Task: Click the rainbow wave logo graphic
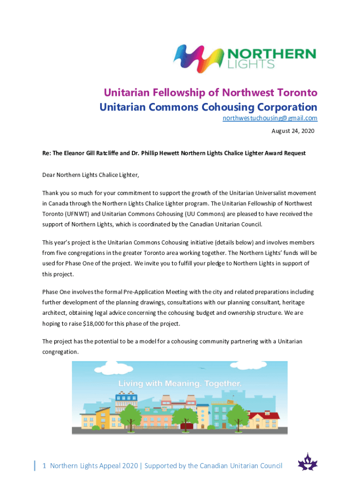(196, 58)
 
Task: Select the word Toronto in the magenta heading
(293, 92)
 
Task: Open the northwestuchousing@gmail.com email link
(270, 118)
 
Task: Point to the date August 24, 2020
(293, 131)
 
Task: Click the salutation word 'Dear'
(49, 175)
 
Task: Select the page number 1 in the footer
(44, 465)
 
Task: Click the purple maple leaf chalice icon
(308, 463)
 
